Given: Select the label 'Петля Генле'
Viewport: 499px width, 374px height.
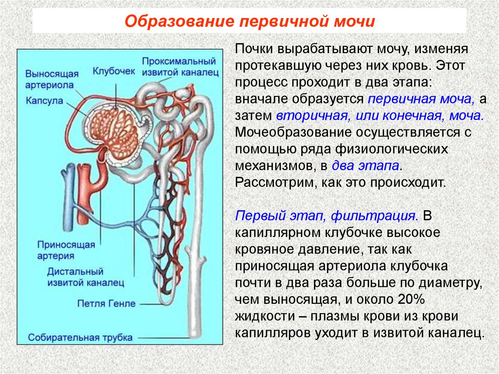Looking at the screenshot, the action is (x=106, y=303).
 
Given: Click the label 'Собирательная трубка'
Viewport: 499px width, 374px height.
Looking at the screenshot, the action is (x=80, y=337).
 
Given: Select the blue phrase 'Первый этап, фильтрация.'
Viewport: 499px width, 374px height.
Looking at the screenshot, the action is (x=327, y=216).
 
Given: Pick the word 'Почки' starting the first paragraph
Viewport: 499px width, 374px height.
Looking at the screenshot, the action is (x=255, y=49).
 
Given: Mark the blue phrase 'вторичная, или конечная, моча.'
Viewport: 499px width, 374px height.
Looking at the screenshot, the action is (x=380, y=116).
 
